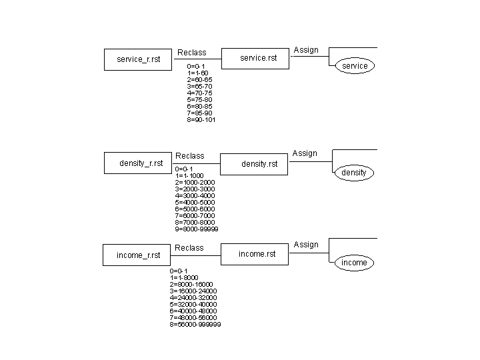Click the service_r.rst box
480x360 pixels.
tap(138, 59)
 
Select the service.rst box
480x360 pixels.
tap(257, 58)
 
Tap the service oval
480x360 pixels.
tap(355, 66)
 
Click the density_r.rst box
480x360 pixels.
tap(141, 163)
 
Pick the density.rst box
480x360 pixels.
tap(259, 164)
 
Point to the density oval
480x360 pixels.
tap(354, 173)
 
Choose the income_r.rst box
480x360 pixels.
tap(138, 255)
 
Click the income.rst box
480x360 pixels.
tap(257, 254)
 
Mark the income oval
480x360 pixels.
tap(354, 263)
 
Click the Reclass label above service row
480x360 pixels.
tap(192, 53)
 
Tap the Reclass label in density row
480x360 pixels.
tap(190, 156)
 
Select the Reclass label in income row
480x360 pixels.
tap(189, 248)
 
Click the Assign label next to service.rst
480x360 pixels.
tap(306, 50)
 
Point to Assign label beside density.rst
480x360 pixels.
tap(305, 153)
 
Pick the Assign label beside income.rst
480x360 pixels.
tap(306, 245)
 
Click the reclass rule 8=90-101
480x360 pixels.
tap(201, 120)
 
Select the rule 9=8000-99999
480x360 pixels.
tap(197, 229)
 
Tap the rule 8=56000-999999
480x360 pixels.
tap(195, 325)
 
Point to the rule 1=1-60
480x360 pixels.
tap(198, 73)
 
